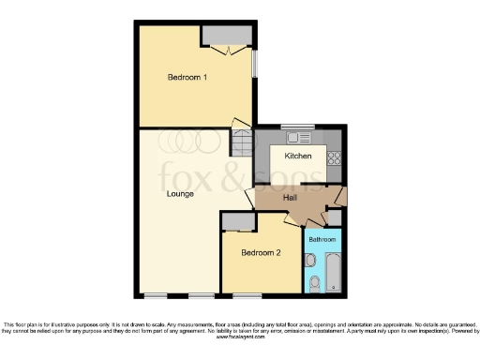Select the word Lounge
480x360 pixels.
(180, 194)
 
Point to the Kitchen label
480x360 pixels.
(298, 157)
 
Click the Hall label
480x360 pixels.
(291, 198)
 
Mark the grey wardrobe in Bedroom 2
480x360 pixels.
(238, 221)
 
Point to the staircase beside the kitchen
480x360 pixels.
(243, 143)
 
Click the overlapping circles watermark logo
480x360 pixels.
(193, 141)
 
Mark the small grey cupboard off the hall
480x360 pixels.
(334, 218)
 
